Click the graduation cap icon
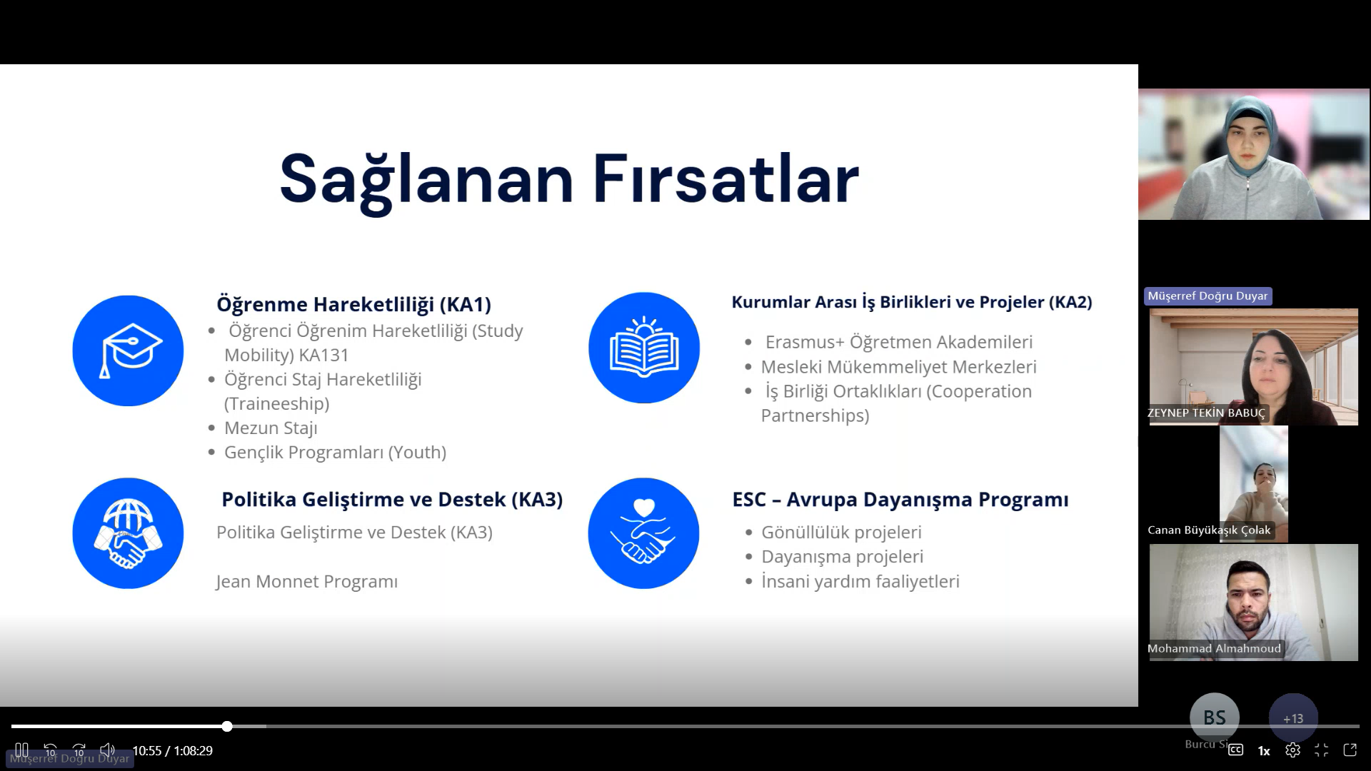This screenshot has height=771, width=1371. point(128,351)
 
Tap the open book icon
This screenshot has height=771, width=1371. point(644,348)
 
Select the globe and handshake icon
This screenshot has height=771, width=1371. point(128,533)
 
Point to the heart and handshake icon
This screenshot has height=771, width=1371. point(643,533)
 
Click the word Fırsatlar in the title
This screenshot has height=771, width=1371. point(725,178)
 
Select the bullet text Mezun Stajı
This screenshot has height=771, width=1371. point(271,428)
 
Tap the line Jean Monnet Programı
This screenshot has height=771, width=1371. point(307,582)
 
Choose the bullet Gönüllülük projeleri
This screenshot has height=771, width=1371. point(841,533)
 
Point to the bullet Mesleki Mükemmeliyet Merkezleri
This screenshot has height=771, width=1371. point(898,367)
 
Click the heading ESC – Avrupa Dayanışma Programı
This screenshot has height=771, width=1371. point(900,500)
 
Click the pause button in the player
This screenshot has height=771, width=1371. point(21,750)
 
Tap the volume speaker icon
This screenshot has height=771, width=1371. point(107,750)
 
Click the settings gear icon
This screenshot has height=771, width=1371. point(1292,750)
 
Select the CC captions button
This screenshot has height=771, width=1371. point(1235,750)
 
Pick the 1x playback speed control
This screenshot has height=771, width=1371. point(1264,751)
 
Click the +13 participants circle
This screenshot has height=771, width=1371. point(1293,718)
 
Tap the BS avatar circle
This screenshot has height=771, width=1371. point(1215,717)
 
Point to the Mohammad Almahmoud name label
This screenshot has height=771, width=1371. point(1214,649)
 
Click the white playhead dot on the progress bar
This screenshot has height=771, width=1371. point(227,727)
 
